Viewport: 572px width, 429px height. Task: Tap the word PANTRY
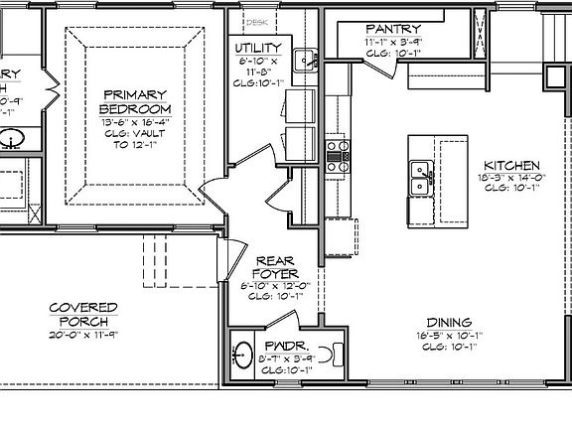[x=392, y=29]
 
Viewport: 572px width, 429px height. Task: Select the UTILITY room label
[x=258, y=48]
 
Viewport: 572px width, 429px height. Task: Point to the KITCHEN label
[x=511, y=165]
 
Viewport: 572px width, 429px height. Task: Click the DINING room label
[x=449, y=322]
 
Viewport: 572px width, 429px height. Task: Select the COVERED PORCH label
[x=83, y=315]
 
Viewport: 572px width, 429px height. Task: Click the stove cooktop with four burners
[x=338, y=151]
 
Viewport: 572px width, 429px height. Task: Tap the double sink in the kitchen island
[x=420, y=180]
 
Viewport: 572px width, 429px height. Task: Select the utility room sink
[x=308, y=58]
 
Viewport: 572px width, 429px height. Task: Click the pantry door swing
[x=378, y=66]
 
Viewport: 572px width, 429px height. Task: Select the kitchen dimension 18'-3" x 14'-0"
[x=511, y=178]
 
